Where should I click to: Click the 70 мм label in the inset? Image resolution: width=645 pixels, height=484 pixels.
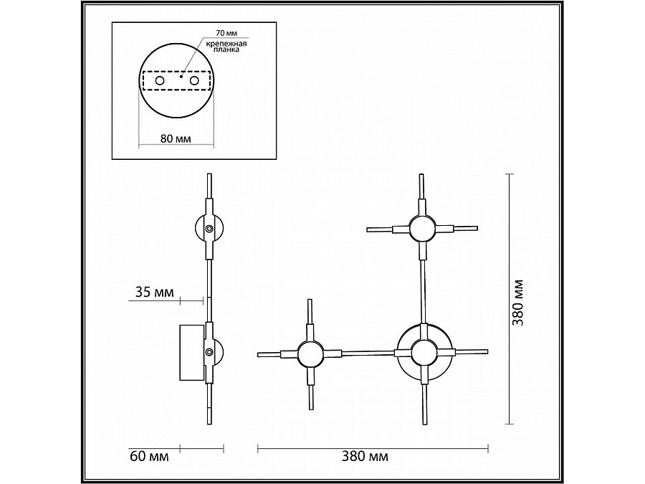[226, 32]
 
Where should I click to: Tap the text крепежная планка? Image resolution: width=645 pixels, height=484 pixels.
[226, 47]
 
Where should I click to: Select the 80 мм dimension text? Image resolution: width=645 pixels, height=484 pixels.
[176, 138]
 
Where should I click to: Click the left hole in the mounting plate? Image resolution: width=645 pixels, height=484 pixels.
[160, 80]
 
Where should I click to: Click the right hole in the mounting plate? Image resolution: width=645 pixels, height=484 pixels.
[194, 80]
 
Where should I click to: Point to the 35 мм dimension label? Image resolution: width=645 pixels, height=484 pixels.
[154, 293]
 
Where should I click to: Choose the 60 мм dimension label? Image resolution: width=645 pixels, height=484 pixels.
[149, 457]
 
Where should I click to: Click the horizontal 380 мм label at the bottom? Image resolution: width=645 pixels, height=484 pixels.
[365, 456]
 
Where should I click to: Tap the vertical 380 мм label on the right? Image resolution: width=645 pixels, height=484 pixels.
[518, 303]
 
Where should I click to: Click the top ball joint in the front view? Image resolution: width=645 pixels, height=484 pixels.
[421, 229]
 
